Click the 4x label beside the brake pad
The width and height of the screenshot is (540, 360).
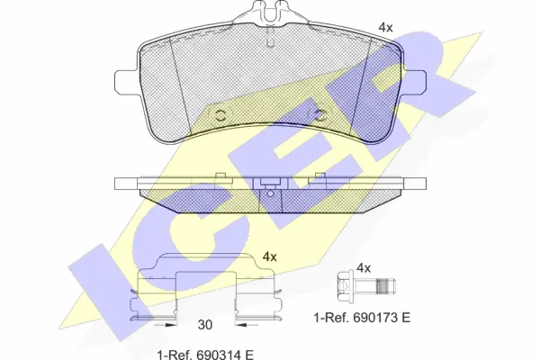pos(385,28)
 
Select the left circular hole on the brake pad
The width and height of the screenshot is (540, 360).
pos(221,115)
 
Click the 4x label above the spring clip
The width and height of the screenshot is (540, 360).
pos(269,256)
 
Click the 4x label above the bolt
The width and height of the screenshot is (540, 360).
pos(364,268)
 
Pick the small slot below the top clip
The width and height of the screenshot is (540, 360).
pos(268,36)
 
